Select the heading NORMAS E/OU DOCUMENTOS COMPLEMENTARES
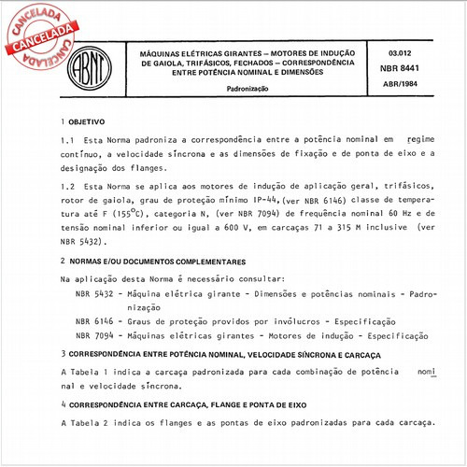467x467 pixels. [155, 263]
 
